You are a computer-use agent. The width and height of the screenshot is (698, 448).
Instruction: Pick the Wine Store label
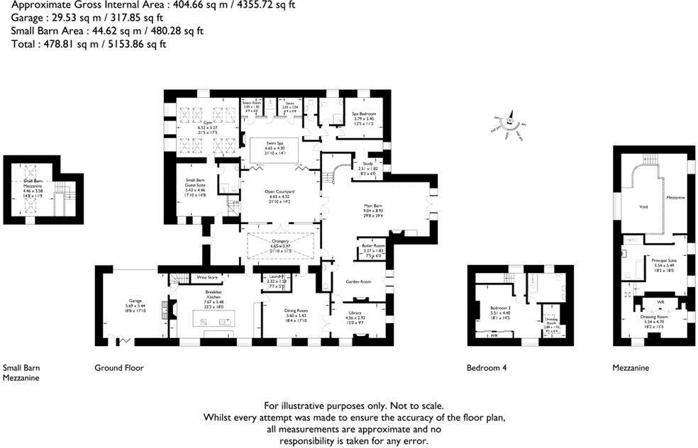206,277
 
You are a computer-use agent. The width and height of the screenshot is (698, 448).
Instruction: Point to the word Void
643,206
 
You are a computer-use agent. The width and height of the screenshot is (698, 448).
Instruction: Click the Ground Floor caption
119,368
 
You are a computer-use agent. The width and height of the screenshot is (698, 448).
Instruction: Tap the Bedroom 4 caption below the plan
486,368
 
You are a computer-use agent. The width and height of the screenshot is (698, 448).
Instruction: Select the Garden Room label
358,281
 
